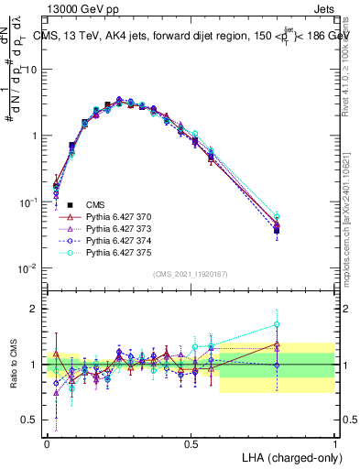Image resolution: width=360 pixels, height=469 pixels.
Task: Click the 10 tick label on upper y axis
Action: [x=31, y=70]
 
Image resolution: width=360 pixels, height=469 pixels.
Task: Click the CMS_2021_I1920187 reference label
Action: [x=190, y=273]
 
